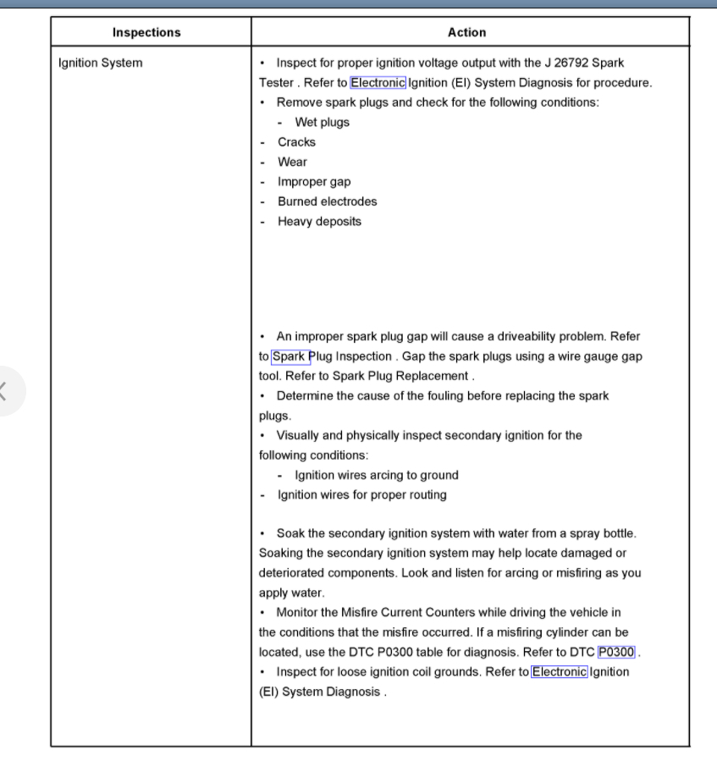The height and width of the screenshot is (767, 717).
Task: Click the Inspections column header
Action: pos(146,32)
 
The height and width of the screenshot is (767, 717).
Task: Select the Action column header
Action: pos(466,32)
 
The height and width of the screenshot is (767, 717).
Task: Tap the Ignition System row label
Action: pos(100,63)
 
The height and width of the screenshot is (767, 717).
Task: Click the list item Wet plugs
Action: pos(322,122)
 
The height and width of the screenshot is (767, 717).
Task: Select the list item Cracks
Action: pos(296,142)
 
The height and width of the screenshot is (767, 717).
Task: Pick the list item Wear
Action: pos(292,162)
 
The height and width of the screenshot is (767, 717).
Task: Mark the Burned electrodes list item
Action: pos(327,201)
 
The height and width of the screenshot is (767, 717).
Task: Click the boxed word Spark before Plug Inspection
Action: pos(290,356)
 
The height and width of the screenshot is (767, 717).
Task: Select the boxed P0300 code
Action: pos(616,652)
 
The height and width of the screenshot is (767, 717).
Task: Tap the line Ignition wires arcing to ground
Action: pos(376,475)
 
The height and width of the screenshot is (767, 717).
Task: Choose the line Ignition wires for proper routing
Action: pos(361,494)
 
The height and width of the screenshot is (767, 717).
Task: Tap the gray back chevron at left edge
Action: pos(3,391)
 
